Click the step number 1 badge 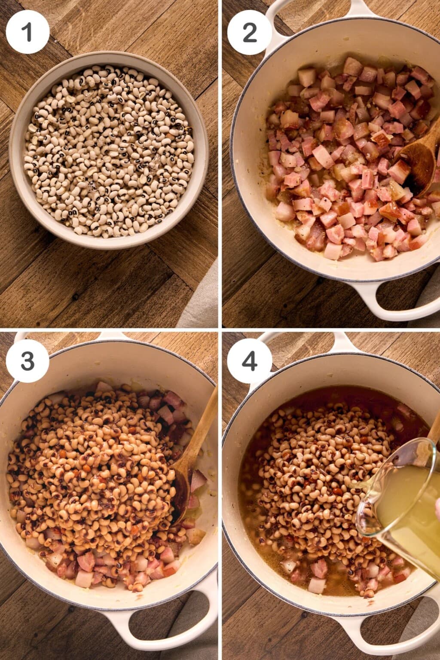coord(27,32)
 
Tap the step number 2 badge coord(249,32)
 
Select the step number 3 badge coord(27,361)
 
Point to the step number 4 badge coord(249,361)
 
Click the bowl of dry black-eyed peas coord(109,150)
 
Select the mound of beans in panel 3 coord(99,473)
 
